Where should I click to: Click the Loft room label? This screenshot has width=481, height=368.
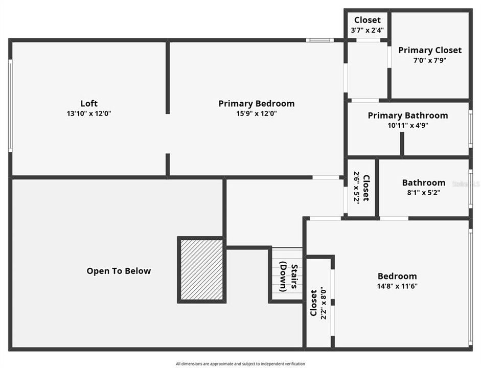tap(88, 103)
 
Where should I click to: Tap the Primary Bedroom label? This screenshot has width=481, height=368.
tap(256, 104)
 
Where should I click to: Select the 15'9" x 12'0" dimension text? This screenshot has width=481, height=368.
tap(256, 114)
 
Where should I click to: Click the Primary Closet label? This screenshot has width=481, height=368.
tap(430, 50)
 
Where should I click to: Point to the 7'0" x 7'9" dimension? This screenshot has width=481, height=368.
tap(430, 60)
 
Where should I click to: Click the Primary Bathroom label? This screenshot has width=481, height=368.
tap(408, 116)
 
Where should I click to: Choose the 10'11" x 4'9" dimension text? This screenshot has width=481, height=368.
tap(408, 125)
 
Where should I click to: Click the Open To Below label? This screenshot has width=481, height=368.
tap(119, 271)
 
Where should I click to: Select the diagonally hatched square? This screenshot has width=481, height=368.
tap(201, 269)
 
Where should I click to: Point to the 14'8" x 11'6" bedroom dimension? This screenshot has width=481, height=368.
tap(397, 286)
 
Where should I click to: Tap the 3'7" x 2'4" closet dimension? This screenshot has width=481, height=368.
tap(367, 31)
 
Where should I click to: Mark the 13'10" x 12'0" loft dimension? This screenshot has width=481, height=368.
tap(88, 114)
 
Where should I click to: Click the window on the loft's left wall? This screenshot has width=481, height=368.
tap(10, 106)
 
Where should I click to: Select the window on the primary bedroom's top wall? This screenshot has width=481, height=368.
tap(319, 40)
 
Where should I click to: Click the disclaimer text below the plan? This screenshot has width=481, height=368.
tap(240, 364)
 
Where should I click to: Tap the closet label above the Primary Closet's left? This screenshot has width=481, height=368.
tap(367, 20)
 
